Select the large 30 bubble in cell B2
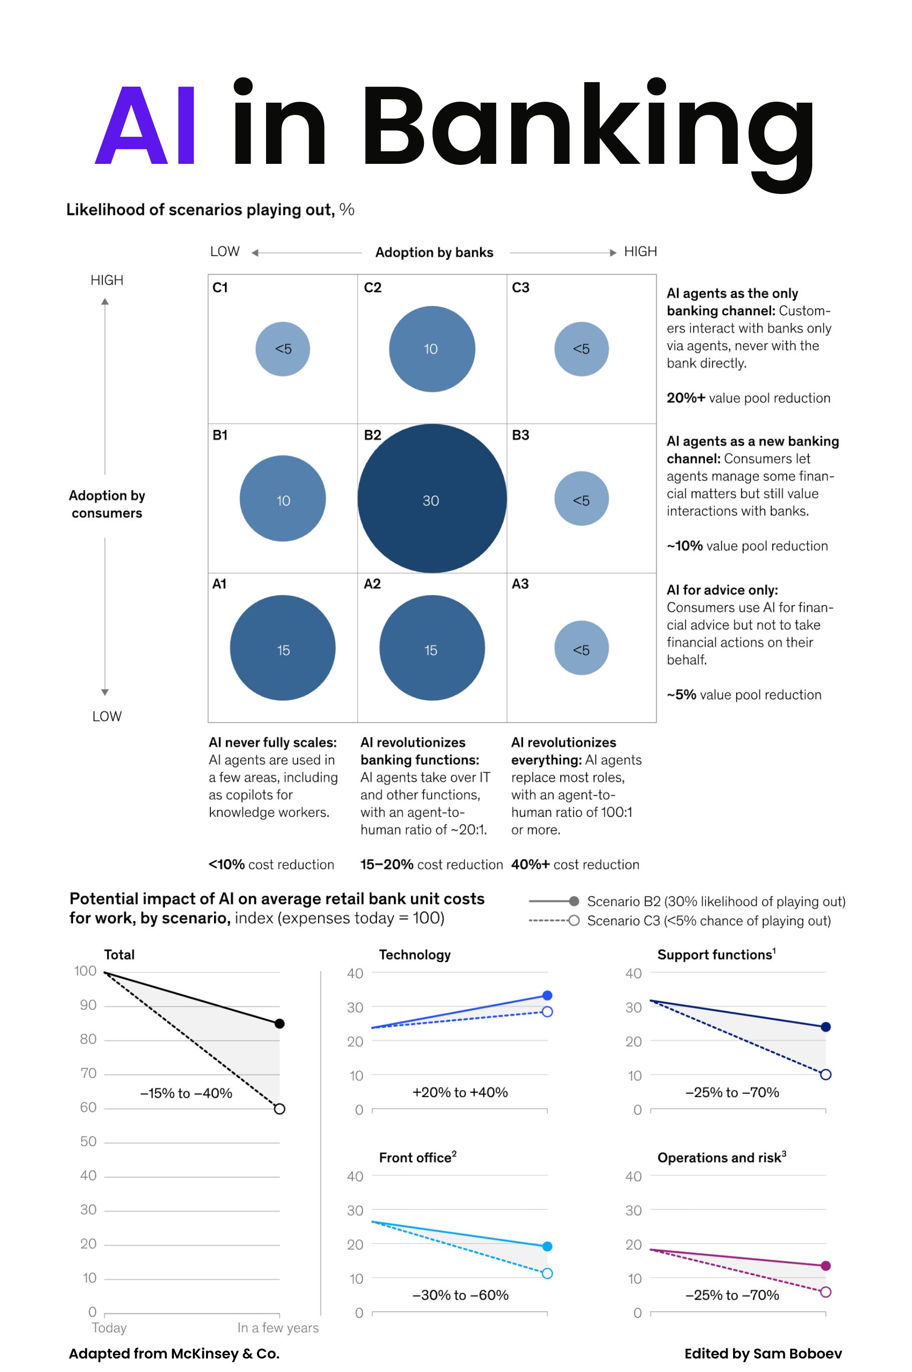click(431, 499)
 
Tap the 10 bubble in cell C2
click(431, 349)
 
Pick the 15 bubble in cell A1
click(283, 647)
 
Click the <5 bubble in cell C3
click(581, 349)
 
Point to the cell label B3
click(520, 435)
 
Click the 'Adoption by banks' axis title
click(434, 253)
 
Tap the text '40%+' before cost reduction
click(530, 864)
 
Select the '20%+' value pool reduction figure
click(685, 398)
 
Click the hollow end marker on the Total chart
click(279, 1108)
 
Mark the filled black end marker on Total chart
click(279, 1024)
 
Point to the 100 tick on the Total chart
click(86, 971)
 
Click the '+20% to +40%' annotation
click(460, 1092)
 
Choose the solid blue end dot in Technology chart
click(547, 996)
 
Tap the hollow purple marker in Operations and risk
click(825, 1292)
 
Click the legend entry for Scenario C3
click(709, 921)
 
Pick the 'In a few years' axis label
click(278, 1328)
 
